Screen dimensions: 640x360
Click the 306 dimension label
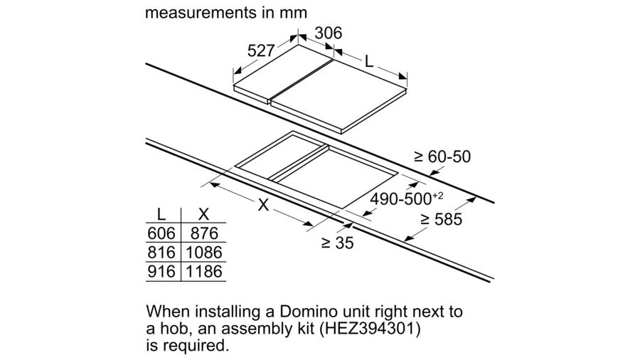point(328,33)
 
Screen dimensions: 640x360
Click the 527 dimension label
point(261,51)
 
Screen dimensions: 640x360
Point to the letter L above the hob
point(369,62)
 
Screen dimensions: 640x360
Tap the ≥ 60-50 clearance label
point(442,157)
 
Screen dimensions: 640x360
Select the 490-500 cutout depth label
point(406,198)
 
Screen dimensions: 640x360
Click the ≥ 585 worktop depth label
point(441,219)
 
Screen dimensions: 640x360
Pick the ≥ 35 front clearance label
point(337,243)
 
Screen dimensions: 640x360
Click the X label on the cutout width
point(264,205)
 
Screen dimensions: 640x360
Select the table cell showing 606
point(161,233)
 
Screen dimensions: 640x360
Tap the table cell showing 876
point(204,233)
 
